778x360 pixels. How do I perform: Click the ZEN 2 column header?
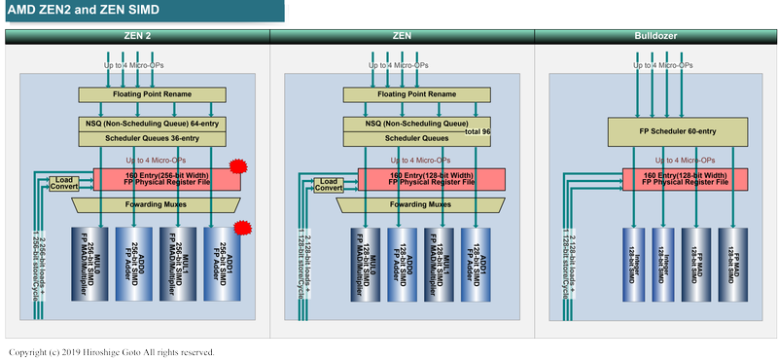pos(137,35)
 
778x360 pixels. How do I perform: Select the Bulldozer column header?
pos(655,35)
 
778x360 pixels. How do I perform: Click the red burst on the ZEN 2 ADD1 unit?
pos(243,229)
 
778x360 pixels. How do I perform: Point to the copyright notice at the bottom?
pos(112,351)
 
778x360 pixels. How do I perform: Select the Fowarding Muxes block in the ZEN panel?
pos(421,204)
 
